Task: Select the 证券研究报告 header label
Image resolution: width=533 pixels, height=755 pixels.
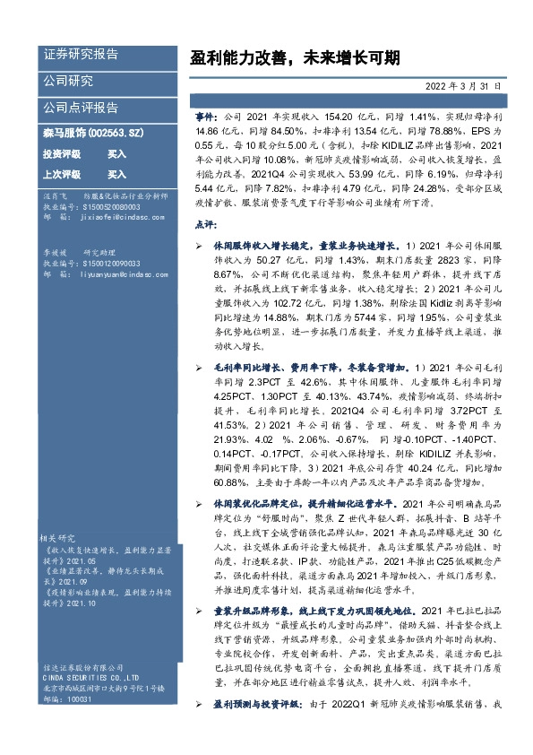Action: pos(80,55)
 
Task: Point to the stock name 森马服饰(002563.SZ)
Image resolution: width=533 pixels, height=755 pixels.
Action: pos(93,133)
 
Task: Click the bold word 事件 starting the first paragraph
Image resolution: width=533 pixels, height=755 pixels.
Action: pos(205,117)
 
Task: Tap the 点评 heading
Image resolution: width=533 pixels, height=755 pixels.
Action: pos(205,224)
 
